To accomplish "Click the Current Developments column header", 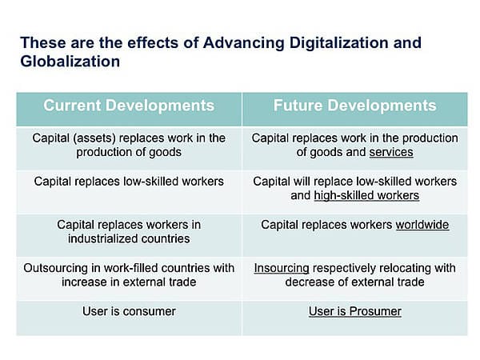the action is click(129, 106).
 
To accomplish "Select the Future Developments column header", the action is click(354, 106).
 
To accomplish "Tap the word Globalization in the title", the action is click(70, 62).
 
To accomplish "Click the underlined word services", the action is click(391, 152).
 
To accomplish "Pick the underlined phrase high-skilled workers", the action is click(366, 195).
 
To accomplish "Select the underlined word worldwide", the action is click(422, 225).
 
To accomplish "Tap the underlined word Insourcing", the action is click(282, 268).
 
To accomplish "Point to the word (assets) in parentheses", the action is click(94, 138).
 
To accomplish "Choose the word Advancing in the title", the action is click(244, 43).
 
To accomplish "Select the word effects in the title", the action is click(153, 42).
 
